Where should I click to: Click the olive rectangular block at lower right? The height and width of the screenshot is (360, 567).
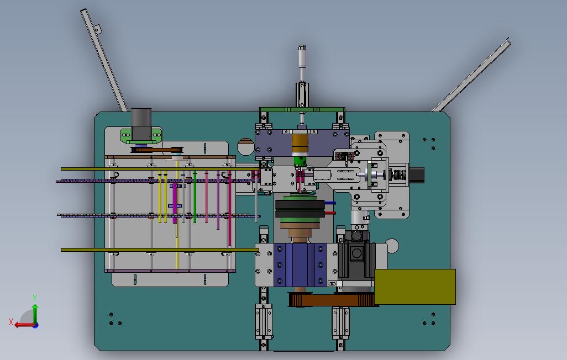point(415,287)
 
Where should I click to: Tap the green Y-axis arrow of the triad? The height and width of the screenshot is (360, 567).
point(35,313)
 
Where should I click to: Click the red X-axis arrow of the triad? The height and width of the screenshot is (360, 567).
point(24,325)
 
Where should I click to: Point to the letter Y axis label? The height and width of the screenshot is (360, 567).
point(35,298)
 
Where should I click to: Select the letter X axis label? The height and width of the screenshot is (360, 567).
point(11,322)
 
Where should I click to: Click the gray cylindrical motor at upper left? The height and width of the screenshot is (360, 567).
point(141,124)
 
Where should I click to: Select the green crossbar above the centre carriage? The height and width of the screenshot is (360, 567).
point(302,109)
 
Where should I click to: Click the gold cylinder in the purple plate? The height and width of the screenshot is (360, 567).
point(300,144)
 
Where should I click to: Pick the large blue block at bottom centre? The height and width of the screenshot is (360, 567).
point(300,264)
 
